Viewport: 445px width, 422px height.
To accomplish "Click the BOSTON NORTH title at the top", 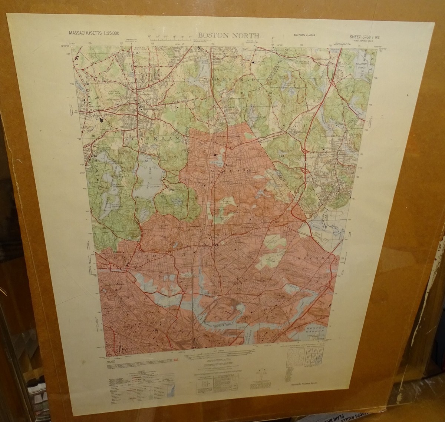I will [231, 36].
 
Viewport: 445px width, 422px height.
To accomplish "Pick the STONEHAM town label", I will [155, 137].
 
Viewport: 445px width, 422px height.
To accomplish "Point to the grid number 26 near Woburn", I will [97, 98].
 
